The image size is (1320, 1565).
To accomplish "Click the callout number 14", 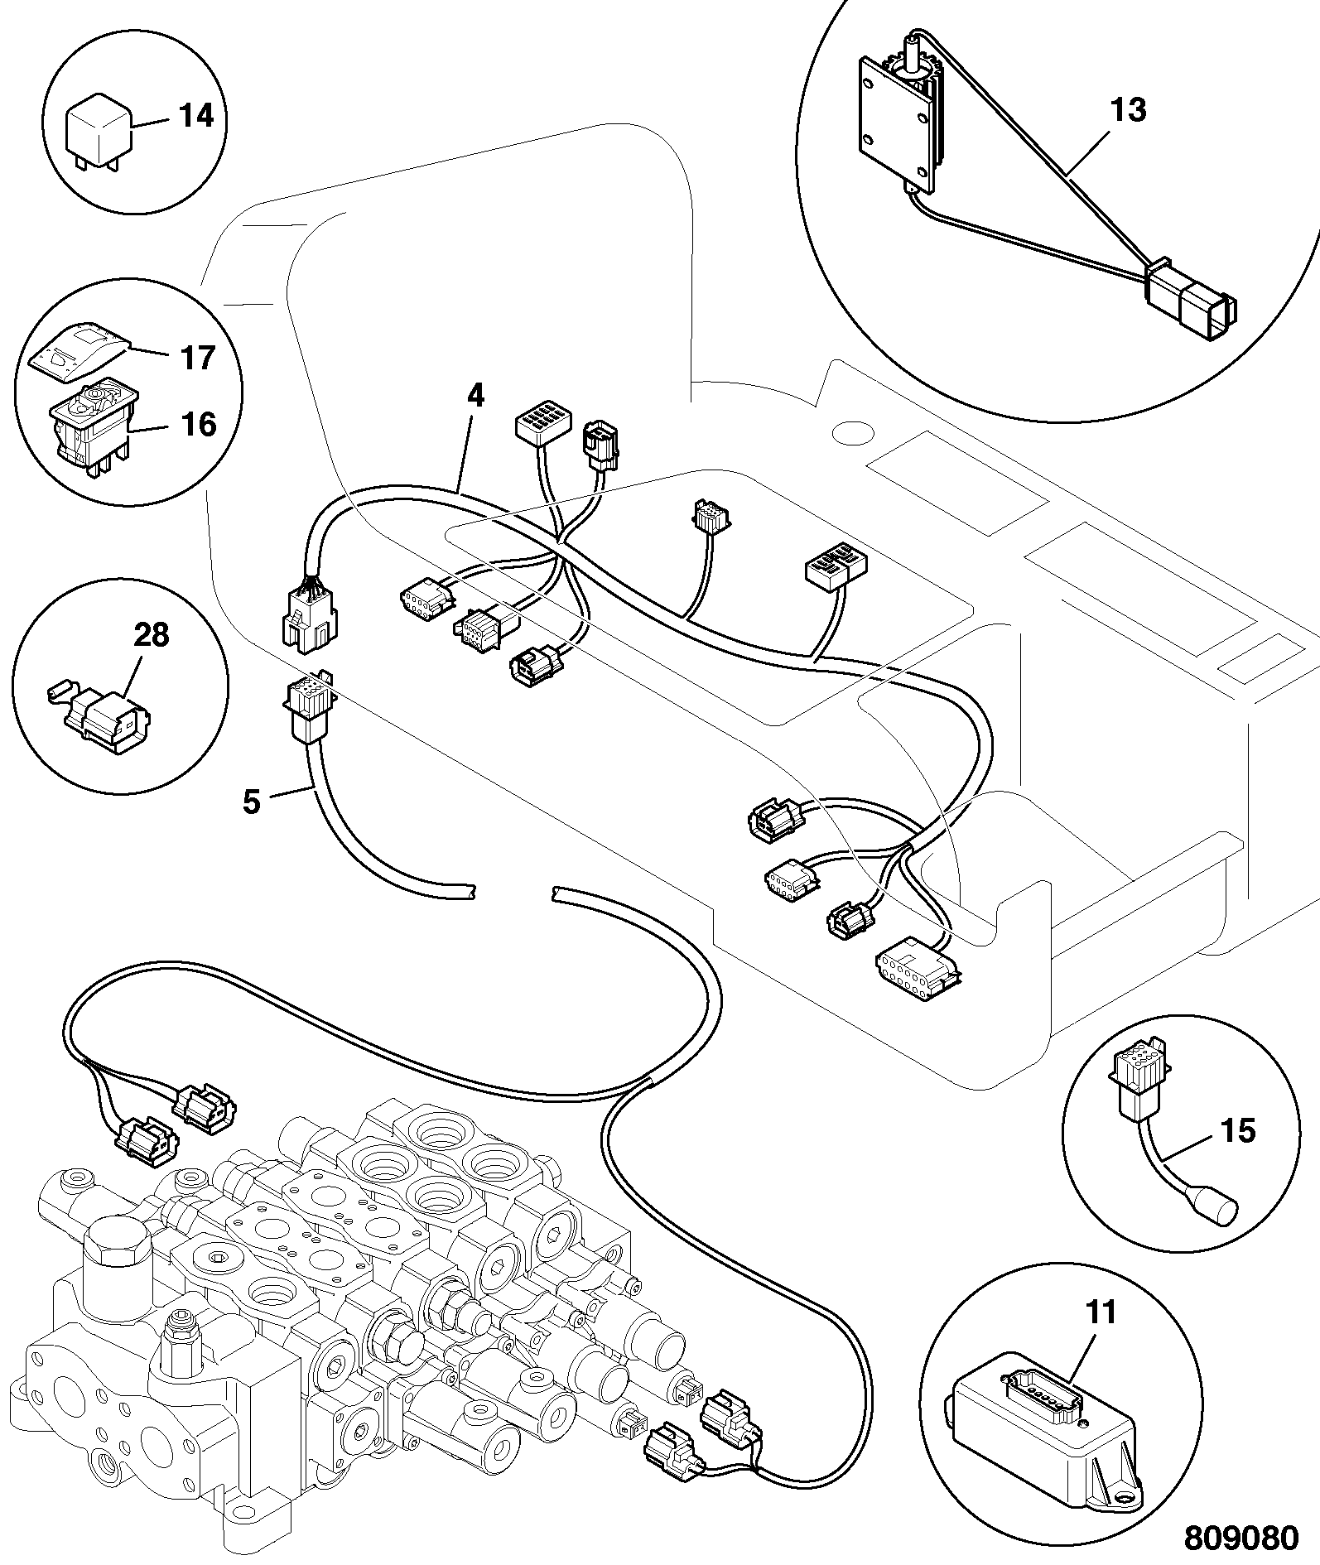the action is (x=196, y=116).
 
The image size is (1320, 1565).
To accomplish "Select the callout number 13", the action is (x=1128, y=110).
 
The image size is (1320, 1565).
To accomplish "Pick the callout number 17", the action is (x=197, y=358).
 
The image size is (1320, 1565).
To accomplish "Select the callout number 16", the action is (x=197, y=425).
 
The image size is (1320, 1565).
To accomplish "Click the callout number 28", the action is (x=152, y=635).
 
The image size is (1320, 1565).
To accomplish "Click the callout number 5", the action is (x=252, y=802).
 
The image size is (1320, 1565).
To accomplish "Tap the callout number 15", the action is (x=1238, y=1130).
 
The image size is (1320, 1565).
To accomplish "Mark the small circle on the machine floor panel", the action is (x=853, y=432).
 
